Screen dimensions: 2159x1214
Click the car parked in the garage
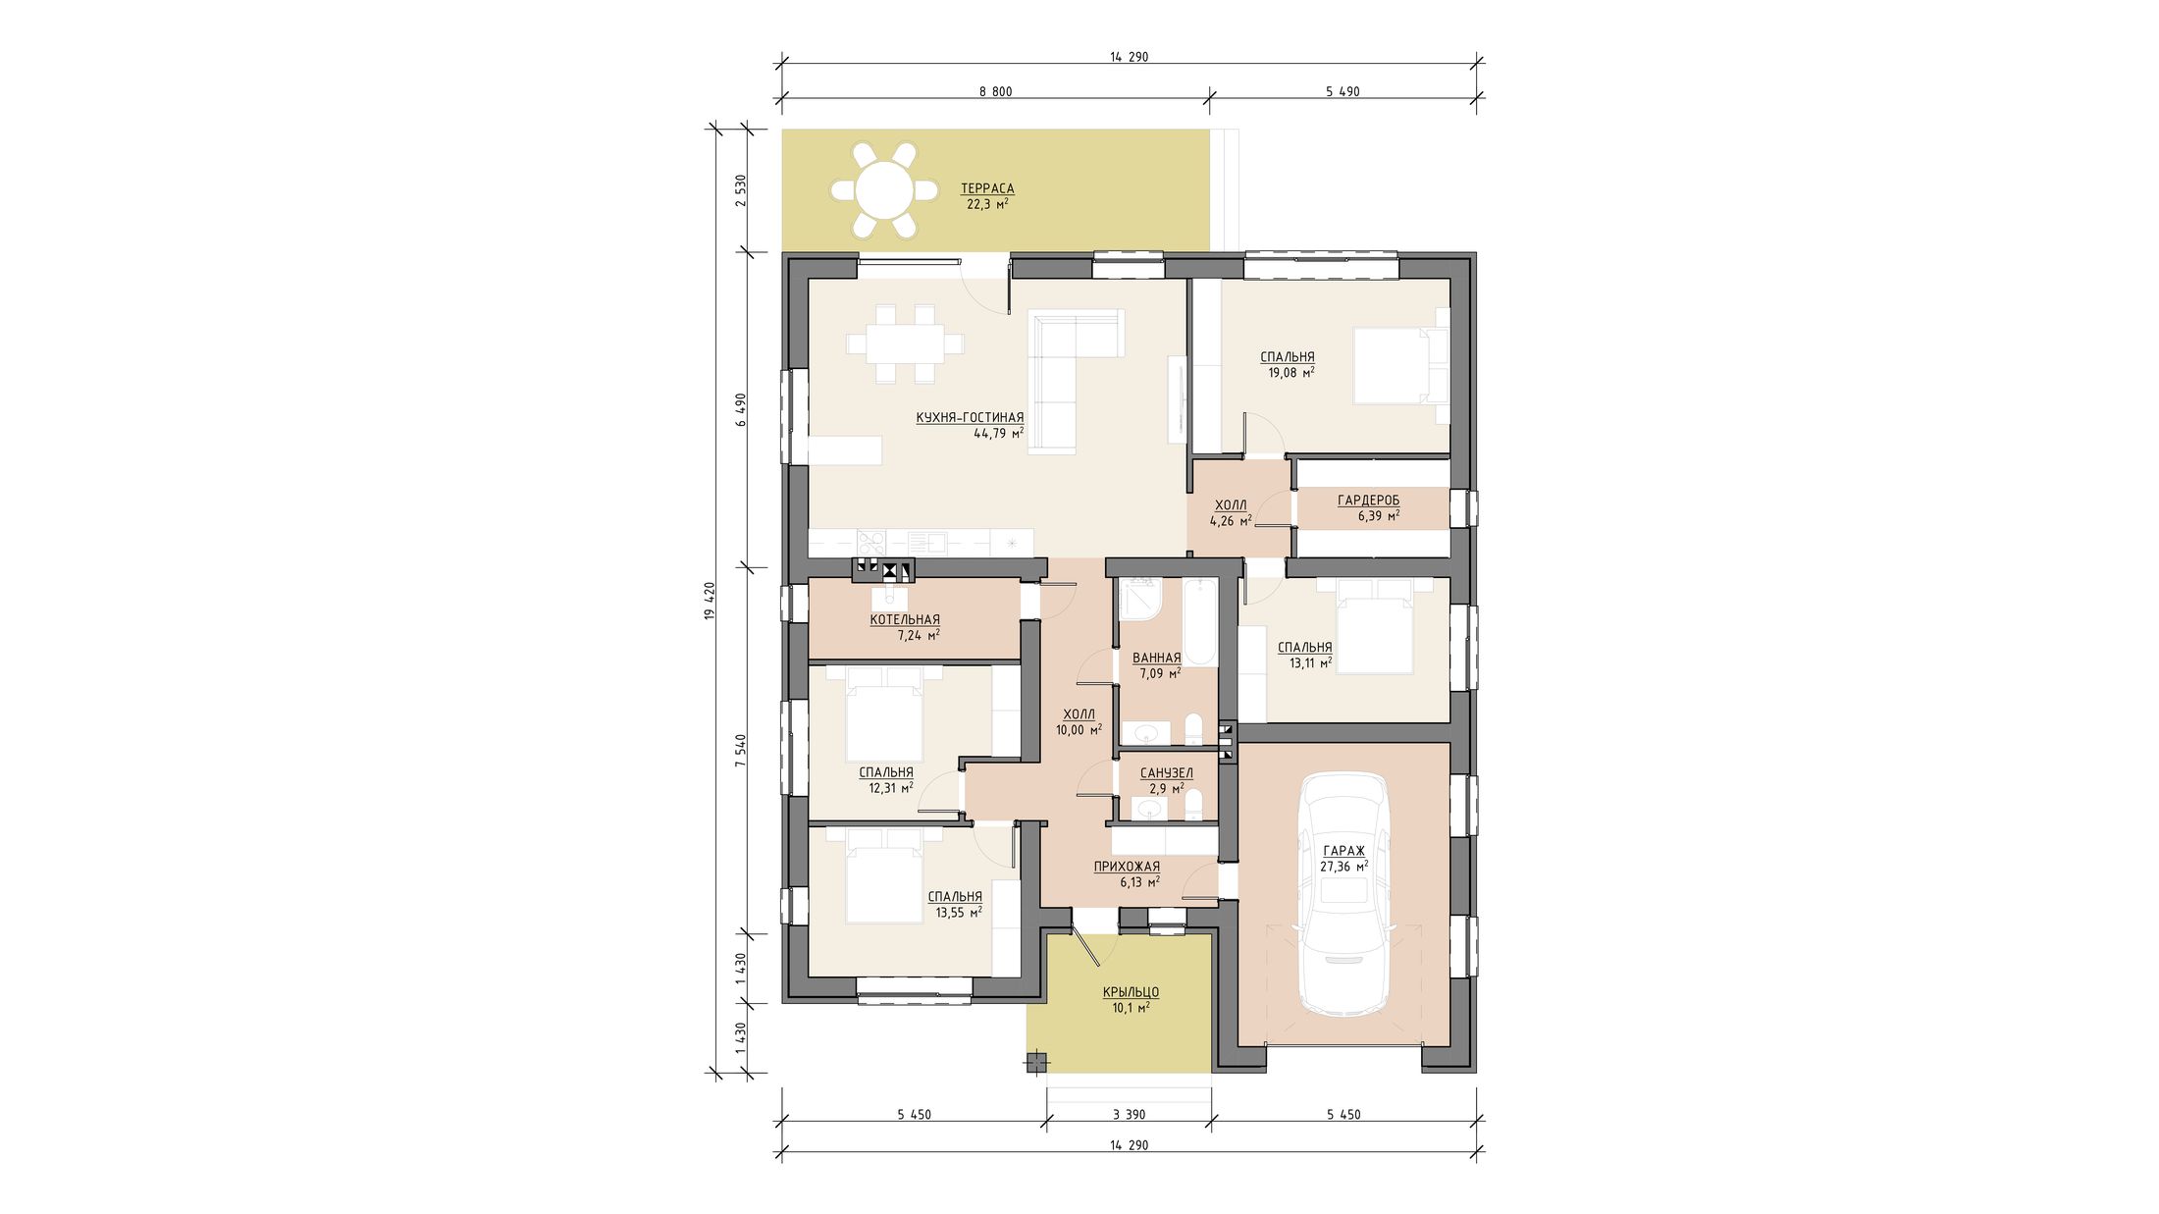[1343, 894]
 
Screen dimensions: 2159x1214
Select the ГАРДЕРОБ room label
[1368, 501]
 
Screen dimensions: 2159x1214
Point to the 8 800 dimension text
[995, 92]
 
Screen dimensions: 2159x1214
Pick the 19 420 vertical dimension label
[710, 600]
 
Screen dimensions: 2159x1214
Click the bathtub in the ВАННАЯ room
[1199, 623]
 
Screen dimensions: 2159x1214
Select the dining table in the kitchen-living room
[218, 343]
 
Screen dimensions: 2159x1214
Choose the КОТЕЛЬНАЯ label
[905, 620]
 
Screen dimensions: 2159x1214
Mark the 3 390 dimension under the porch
[1129, 1115]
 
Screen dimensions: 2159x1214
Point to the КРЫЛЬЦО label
[1131, 992]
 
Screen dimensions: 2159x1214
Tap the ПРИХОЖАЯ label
[1127, 867]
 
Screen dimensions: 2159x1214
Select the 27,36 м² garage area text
[1343, 867]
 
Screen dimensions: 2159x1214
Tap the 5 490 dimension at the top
[1343, 92]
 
